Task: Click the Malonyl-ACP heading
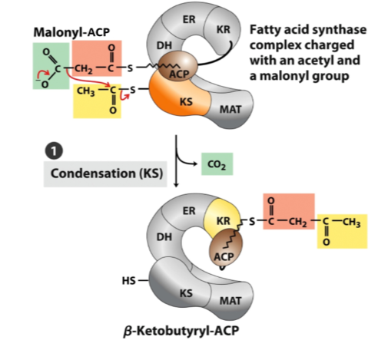71,32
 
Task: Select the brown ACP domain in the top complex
178,66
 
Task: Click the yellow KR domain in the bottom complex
221,217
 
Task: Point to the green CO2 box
217,164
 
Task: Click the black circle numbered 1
54,150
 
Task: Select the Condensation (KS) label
107,173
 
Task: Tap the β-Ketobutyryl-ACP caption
181,331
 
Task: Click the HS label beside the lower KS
128,281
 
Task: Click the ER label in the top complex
189,19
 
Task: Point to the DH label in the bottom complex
164,237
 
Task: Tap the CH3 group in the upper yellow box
85,91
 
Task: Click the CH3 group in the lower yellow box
351,222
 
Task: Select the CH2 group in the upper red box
84,69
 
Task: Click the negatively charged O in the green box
44,84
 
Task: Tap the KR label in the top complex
224,30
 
